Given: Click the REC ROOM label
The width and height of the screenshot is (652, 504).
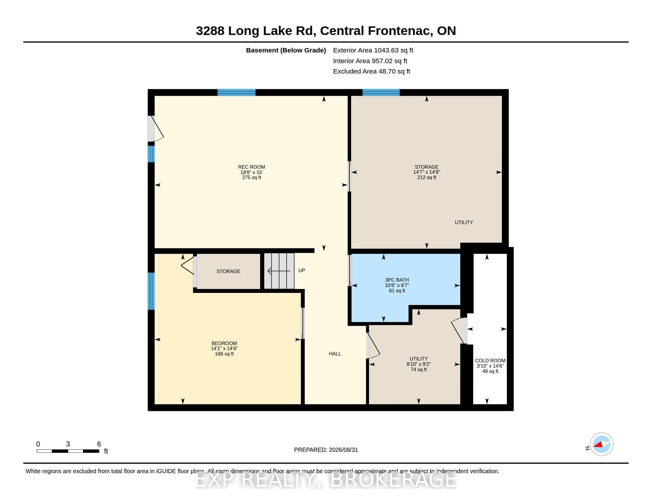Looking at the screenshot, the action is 251,167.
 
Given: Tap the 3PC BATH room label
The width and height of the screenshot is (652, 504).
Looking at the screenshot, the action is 397,280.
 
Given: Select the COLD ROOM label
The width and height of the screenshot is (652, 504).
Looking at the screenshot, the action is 490,361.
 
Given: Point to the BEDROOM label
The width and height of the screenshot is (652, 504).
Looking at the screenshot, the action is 224,343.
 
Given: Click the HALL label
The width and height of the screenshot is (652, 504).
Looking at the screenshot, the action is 335,353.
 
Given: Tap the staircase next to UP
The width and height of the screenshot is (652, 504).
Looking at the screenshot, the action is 279,271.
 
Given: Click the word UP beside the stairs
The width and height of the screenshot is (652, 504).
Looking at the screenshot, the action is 301,270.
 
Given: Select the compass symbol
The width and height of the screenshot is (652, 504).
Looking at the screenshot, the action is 601,444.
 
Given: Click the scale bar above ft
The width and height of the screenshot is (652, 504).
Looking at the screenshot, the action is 68,451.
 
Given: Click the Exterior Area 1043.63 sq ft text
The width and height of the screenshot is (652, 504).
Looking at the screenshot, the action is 373,50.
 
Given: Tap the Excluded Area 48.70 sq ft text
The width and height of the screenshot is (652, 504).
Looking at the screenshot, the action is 372,71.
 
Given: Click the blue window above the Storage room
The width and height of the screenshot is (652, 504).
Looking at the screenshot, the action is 381,92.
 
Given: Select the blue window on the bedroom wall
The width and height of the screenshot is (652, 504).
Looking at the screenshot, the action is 151,291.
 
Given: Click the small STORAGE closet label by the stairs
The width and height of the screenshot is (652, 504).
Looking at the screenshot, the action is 228,271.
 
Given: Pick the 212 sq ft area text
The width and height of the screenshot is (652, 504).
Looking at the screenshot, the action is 426,177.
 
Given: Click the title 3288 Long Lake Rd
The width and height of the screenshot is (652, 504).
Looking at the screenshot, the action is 256,31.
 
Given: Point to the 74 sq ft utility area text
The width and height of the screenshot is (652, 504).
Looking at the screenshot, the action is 418,369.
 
